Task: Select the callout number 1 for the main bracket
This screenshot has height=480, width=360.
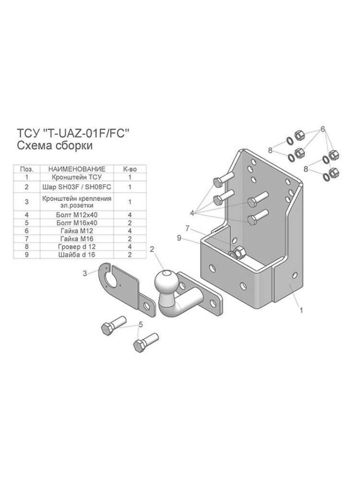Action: (301, 310)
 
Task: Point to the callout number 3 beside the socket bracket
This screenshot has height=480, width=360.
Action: (85, 273)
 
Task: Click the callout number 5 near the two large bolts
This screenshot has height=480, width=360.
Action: (141, 325)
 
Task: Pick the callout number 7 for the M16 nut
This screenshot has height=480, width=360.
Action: (188, 228)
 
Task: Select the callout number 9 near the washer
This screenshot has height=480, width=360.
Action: (180, 237)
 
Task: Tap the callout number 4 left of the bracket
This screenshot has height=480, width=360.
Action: (192, 213)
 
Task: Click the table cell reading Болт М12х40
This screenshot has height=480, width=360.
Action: (77, 215)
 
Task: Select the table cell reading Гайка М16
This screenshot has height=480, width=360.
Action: (77, 239)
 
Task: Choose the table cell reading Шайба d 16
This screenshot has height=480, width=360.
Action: (77, 255)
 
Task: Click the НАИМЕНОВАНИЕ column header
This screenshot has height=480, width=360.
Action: (77, 169)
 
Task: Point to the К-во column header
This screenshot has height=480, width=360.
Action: (130, 169)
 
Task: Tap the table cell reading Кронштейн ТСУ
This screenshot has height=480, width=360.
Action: (77, 177)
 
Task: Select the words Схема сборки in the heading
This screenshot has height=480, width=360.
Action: (54, 145)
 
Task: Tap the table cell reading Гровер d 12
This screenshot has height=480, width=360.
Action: (77, 247)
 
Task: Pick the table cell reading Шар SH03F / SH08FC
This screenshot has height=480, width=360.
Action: (77, 187)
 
